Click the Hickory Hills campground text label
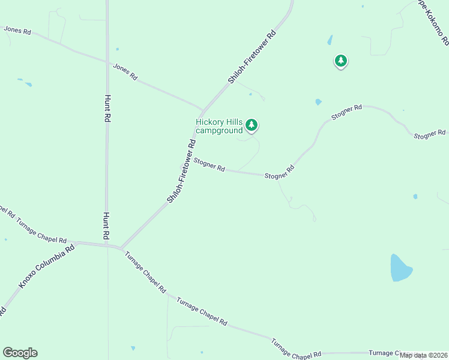tap(219, 126)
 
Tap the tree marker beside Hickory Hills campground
tap(252, 125)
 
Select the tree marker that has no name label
tap(341, 61)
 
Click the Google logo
tap(20, 353)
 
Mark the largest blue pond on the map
tap(400, 268)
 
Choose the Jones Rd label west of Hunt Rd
tap(17, 29)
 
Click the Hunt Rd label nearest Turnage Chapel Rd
tap(106, 224)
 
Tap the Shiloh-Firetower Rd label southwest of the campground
tap(182, 171)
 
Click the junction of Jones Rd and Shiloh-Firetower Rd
tap(202, 110)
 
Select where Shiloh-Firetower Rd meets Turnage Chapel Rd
tap(121, 248)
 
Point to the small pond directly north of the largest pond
tap(415, 196)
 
